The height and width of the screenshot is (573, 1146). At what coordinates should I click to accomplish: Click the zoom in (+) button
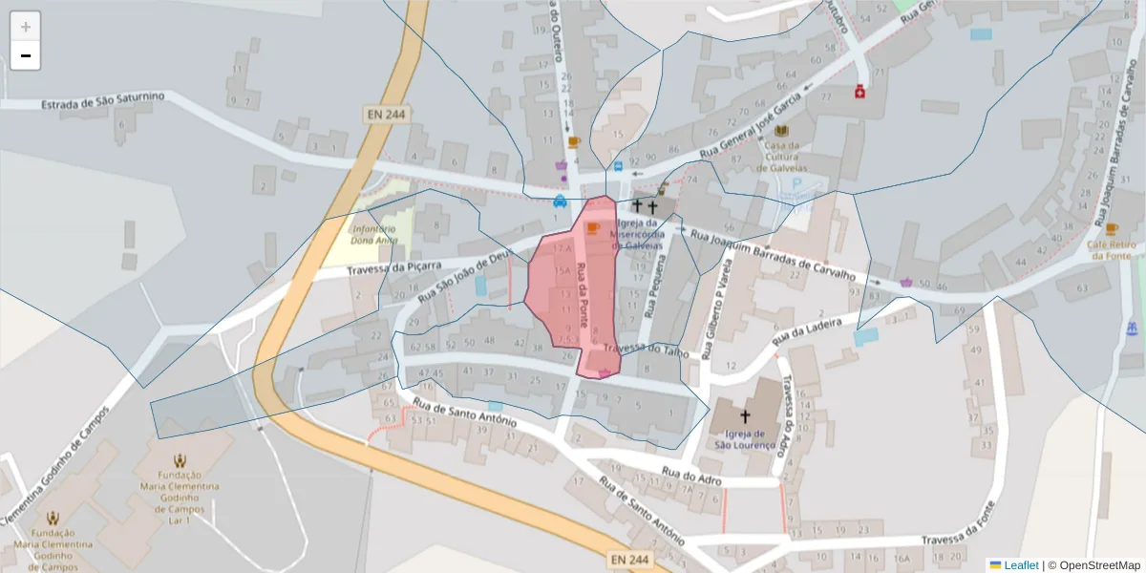pos(26,27)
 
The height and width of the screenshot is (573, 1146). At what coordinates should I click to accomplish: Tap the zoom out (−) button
pos(26,55)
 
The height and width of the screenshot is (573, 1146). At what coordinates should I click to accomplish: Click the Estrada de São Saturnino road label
pos(103,100)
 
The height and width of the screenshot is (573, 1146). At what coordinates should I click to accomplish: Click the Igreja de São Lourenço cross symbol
pos(745,416)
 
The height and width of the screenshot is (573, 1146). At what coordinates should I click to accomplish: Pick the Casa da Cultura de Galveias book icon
pos(782,131)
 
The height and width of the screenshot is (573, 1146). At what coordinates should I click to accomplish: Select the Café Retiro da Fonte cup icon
pos(1112,228)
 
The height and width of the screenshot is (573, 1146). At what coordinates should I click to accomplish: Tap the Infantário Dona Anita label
pos(373,235)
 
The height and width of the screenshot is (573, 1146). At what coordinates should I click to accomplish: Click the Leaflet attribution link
pos(1020,565)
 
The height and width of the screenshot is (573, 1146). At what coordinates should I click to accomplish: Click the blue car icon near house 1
pos(559,202)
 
